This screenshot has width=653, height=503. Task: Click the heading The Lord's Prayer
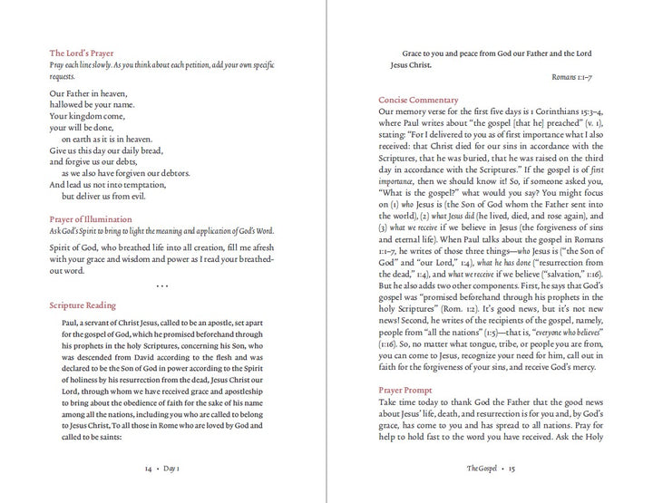(x=82, y=53)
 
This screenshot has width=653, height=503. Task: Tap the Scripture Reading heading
(x=83, y=305)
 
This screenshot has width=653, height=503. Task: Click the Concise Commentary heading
(x=418, y=100)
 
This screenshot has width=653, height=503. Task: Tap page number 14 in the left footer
(x=149, y=469)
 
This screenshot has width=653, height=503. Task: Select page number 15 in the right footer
(x=512, y=469)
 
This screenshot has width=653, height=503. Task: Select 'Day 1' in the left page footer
(x=172, y=469)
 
